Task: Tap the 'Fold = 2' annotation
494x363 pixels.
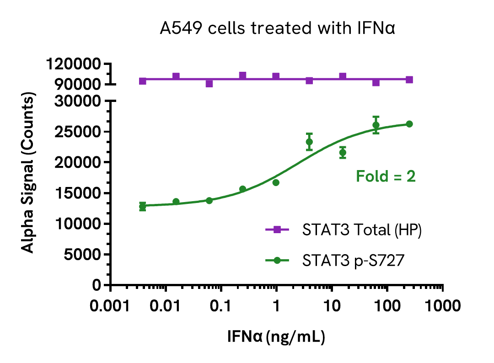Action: [x=386, y=176]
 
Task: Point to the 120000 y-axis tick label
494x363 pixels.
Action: [x=74, y=64]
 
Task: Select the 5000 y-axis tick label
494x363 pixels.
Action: [x=82, y=255]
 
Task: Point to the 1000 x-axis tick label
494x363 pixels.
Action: [x=442, y=305]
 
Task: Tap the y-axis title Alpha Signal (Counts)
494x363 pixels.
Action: [x=28, y=174]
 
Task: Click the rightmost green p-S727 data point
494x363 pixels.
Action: [x=409, y=124]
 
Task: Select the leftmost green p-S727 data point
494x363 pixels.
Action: [x=143, y=206]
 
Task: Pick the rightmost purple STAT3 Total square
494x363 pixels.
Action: [x=409, y=80]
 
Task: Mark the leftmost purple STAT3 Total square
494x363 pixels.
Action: [x=143, y=81]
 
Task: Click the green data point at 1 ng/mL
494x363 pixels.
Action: [x=276, y=182]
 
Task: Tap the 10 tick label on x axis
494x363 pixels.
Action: [x=332, y=305]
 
